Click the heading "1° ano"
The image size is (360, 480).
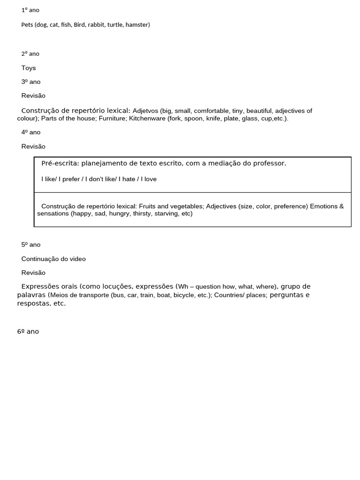(30, 10)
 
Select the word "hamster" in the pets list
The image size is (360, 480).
(137, 24)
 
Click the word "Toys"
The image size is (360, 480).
(29, 68)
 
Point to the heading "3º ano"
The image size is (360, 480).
(31, 82)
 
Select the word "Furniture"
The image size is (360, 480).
(112, 119)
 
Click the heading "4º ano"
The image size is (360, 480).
(31, 132)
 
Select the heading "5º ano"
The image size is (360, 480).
(31, 245)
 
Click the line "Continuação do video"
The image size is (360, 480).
(53, 259)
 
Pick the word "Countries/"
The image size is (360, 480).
(229, 295)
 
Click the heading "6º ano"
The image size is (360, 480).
(28, 331)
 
